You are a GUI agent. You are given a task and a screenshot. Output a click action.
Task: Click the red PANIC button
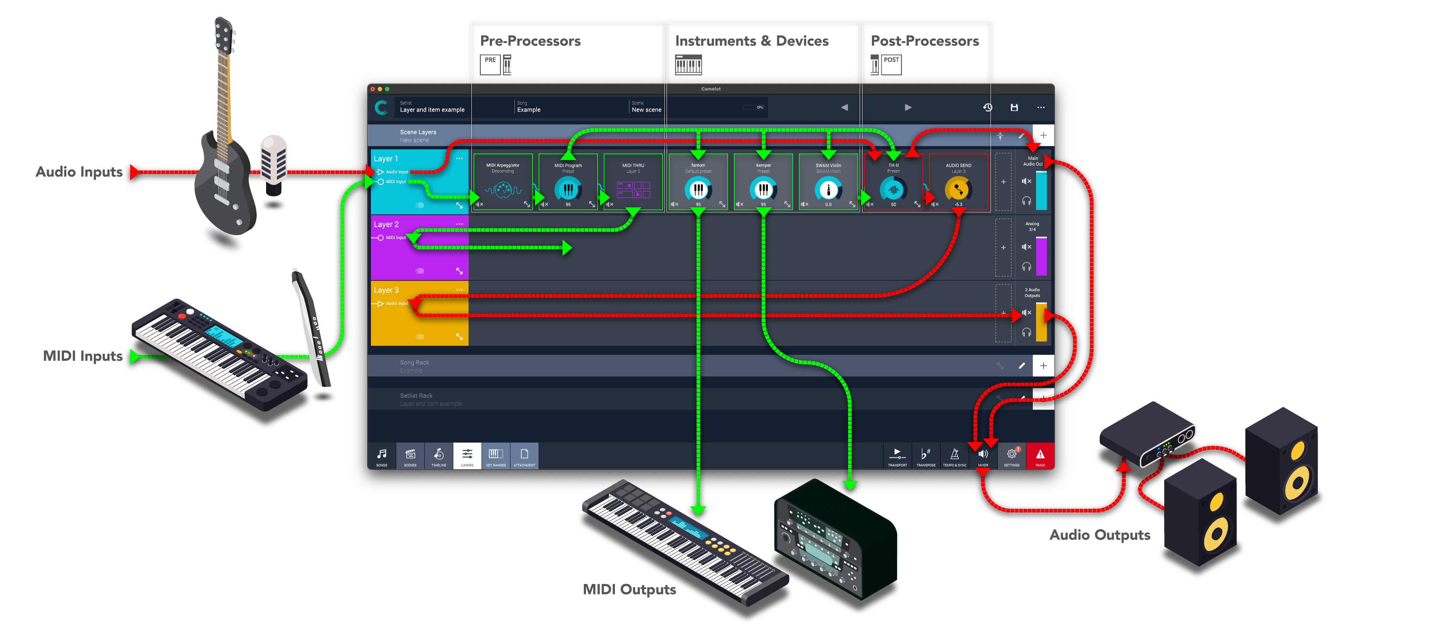1040,455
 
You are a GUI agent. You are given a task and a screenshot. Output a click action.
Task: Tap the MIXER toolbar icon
983,455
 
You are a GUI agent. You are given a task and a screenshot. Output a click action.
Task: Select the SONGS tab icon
382,455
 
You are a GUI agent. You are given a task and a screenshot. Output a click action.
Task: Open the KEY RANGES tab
496,455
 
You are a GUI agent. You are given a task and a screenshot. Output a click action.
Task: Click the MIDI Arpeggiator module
503,183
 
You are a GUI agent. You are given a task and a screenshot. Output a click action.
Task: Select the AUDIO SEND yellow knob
958,190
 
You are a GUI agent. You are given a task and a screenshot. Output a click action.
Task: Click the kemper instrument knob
763,190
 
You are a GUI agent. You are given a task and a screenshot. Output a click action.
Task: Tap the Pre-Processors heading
530,41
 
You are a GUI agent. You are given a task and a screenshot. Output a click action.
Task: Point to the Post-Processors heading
924,41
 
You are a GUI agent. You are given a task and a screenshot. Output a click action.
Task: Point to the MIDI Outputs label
629,589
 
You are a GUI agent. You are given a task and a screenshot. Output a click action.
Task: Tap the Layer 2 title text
386,224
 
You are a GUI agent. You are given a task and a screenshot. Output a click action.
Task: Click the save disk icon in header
1014,107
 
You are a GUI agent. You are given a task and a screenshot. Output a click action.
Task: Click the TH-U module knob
893,190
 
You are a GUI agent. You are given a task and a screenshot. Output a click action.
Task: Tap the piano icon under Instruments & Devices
688,65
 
